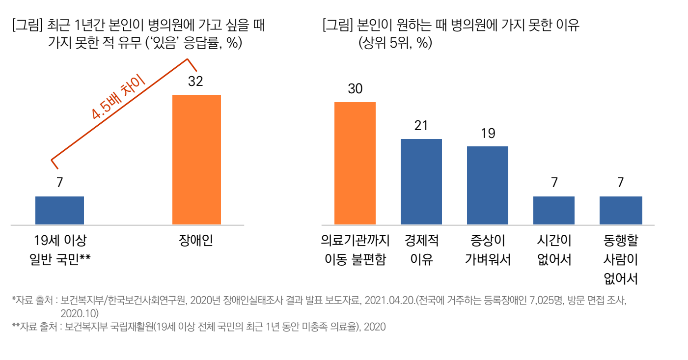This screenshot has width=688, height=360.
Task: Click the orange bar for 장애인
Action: tap(196, 160)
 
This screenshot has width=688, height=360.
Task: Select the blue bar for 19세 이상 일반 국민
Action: tap(59, 210)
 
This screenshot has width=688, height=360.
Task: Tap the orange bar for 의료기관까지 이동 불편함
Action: tap(355, 163)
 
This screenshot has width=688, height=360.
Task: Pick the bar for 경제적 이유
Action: tap(421, 182)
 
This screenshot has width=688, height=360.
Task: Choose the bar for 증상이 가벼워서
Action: tap(487, 185)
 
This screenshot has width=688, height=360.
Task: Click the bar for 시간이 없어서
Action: tap(553, 210)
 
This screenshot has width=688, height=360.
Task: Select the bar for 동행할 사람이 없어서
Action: tap(620, 210)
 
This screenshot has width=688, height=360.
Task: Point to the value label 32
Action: tap(195, 82)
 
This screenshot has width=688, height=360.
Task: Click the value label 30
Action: tap(355, 89)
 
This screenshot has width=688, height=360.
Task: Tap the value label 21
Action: tap(421, 126)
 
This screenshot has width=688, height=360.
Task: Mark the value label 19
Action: tap(488, 133)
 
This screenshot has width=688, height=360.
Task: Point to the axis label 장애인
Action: tap(196, 241)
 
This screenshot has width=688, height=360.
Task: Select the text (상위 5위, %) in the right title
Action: tap(395, 43)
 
